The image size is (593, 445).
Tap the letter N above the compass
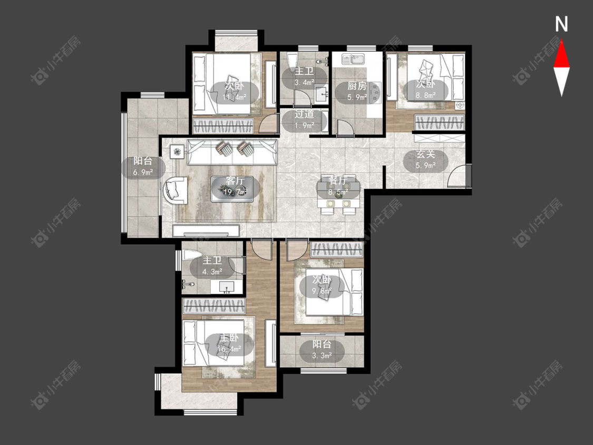(561, 24)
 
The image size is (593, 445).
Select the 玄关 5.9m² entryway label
(426, 160)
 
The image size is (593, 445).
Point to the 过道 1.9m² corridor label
(305, 119)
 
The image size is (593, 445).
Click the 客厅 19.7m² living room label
(235, 186)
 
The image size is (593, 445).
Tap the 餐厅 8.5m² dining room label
(338, 186)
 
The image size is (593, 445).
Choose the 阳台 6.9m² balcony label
(143, 166)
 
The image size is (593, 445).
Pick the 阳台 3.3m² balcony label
(322, 350)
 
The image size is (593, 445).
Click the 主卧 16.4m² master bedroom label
(229, 343)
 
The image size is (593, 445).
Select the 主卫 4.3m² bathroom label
(212, 266)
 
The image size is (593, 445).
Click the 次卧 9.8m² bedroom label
(322, 285)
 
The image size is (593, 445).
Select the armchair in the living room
(175, 190)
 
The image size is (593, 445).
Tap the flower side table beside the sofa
(177, 152)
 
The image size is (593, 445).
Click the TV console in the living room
(206, 230)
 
